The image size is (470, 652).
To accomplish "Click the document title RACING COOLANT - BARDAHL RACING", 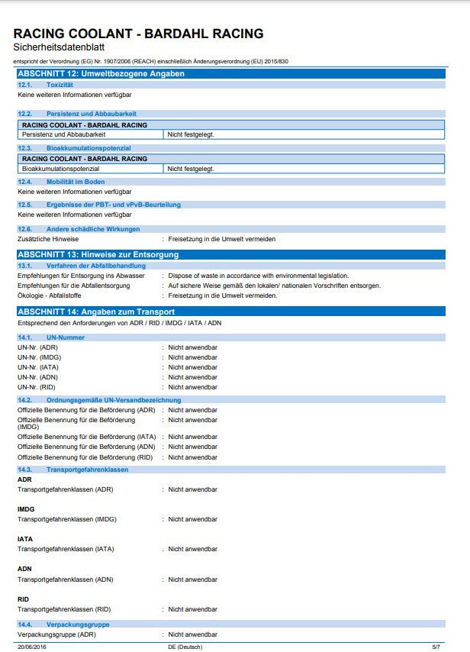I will click(138, 34).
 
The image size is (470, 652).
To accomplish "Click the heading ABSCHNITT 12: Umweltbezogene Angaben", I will click(101, 73).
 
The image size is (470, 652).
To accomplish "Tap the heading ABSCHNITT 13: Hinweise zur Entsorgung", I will click(98, 254).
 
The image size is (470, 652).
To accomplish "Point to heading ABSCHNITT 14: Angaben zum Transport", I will click(96, 311).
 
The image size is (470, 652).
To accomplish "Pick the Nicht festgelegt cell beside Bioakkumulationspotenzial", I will click(191, 168).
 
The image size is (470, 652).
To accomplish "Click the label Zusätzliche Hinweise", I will click(48, 239).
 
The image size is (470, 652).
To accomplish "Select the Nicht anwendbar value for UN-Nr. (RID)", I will click(192, 387).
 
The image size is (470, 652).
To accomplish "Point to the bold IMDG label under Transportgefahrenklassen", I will click(26, 508).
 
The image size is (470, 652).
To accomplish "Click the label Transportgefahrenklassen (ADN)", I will click(65, 579).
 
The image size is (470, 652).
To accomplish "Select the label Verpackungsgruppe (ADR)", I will click(56, 634).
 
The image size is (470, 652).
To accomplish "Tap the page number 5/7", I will click(436, 647).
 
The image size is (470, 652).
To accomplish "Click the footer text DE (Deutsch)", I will click(185, 647).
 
